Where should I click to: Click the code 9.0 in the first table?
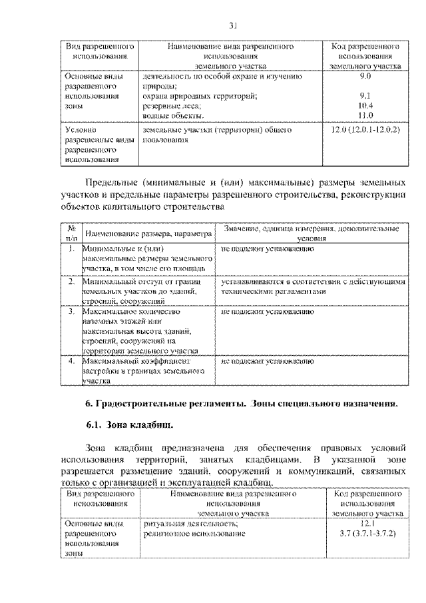tap(365, 77)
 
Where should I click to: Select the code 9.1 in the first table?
tap(365, 96)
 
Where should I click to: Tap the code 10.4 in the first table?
tap(365, 105)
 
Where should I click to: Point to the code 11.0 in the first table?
tap(365, 115)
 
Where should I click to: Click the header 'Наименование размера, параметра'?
tap(148, 233)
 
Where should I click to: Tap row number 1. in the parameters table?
tap(71, 249)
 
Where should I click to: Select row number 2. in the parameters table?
tap(71, 281)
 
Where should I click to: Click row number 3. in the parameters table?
tap(71, 310)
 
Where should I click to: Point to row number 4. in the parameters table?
tap(71, 360)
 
